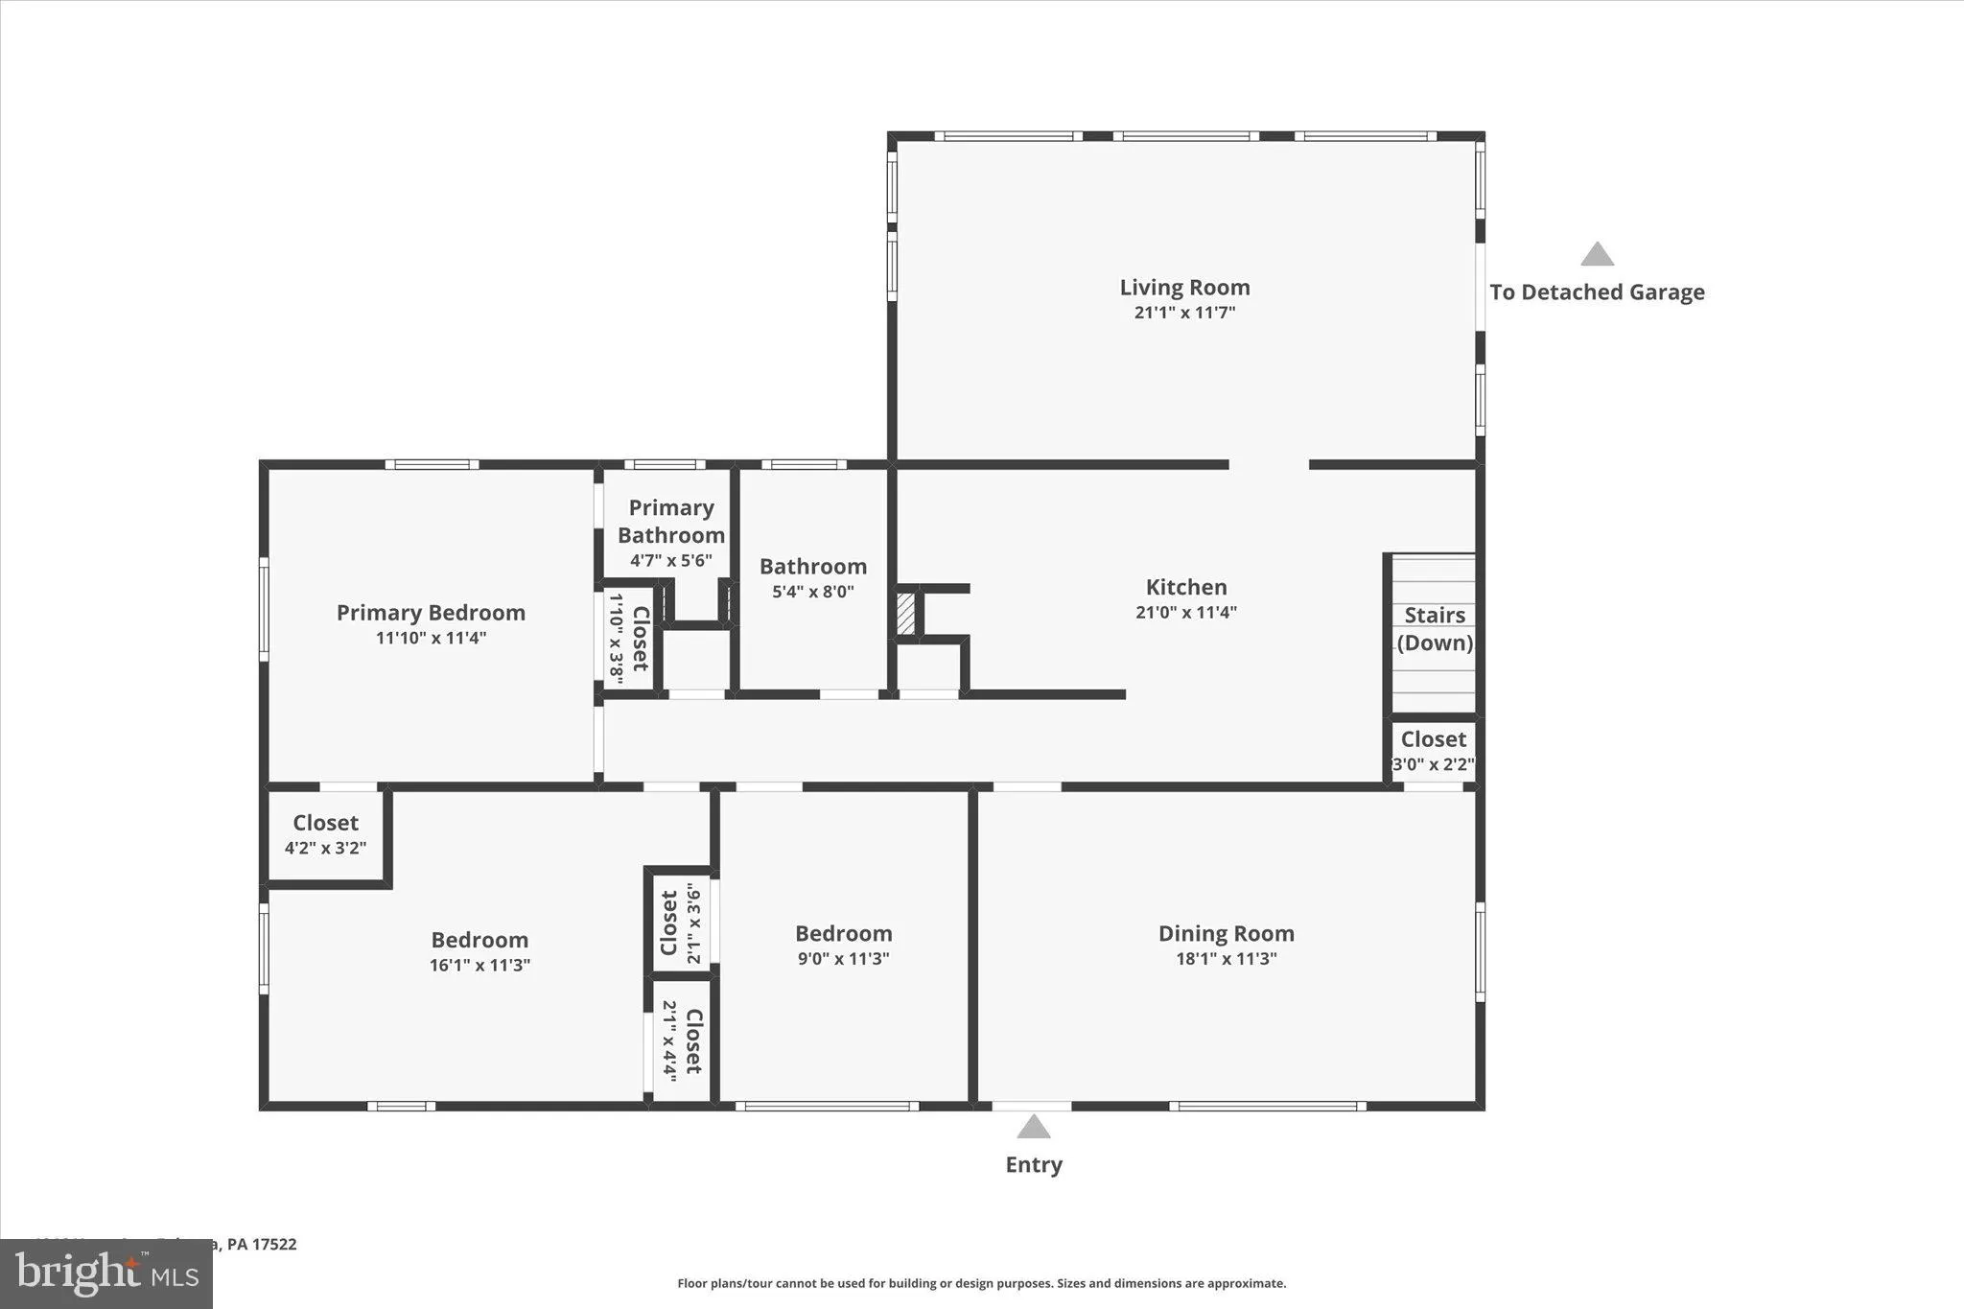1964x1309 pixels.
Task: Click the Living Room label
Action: (x=1184, y=288)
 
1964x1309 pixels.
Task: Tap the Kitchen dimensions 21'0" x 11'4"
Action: (x=1186, y=613)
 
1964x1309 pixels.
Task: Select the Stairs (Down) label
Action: (x=1435, y=629)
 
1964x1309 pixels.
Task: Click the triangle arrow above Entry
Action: (x=1033, y=1127)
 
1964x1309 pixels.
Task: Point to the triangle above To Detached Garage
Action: (x=1597, y=254)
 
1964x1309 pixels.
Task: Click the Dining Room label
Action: (x=1226, y=933)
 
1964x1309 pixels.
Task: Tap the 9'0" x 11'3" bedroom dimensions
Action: (x=843, y=959)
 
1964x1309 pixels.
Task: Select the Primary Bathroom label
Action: (x=670, y=522)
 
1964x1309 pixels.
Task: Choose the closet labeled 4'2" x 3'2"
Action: (x=325, y=834)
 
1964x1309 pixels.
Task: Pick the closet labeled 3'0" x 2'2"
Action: (x=1433, y=751)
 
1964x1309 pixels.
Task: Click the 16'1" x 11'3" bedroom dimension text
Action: (x=479, y=966)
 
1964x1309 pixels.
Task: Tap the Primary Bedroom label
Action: (x=431, y=613)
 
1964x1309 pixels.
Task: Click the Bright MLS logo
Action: (x=105, y=1274)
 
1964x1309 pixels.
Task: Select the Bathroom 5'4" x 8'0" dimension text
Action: (x=812, y=593)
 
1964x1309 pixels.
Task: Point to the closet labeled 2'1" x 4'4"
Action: (x=682, y=1040)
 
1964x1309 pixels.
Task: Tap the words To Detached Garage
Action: (x=1597, y=292)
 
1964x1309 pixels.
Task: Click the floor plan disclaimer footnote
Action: (x=981, y=1283)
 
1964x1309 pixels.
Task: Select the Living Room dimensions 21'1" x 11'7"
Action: (x=1184, y=313)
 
